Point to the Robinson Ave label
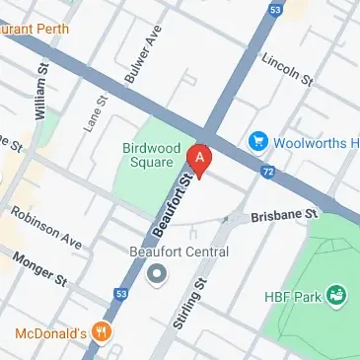46,226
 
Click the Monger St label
38,267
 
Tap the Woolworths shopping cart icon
259,141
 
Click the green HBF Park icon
337,293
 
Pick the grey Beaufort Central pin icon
155,275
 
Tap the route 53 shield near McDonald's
120,293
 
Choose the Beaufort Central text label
179,252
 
